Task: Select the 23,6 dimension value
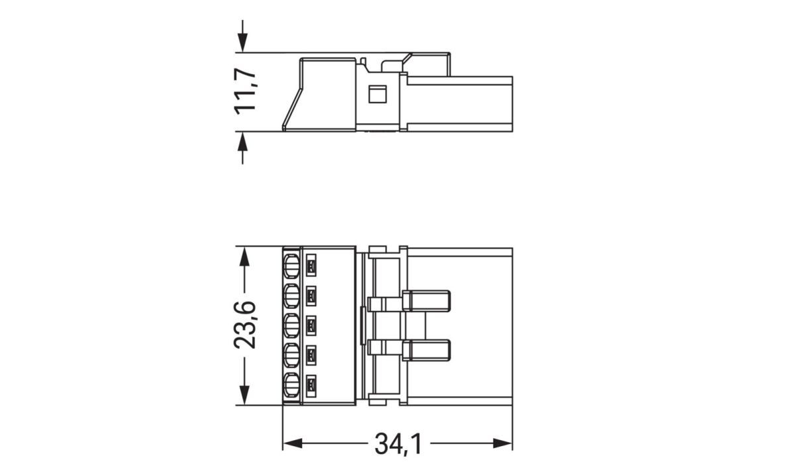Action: [x=244, y=325]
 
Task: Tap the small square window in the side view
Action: [x=376, y=94]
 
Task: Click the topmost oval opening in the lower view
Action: [x=291, y=267]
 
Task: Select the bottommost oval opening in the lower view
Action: [x=291, y=384]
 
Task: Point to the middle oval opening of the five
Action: [x=291, y=325]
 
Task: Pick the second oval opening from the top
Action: [x=291, y=296]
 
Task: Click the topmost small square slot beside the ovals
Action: [x=311, y=267]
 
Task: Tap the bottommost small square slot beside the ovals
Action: [x=311, y=384]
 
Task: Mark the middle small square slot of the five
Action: [x=311, y=325]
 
